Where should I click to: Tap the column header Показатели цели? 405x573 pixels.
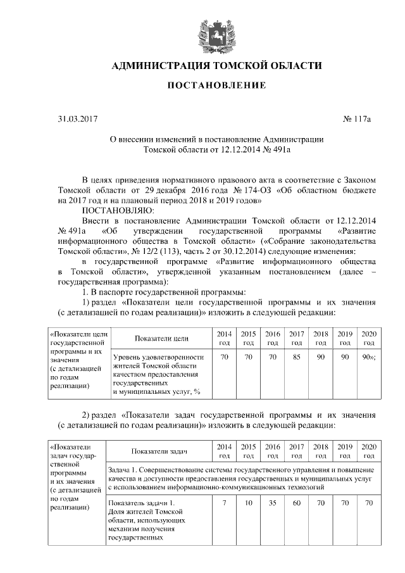[x=161, y=338]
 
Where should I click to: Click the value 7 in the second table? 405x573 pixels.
[x=224, y=503]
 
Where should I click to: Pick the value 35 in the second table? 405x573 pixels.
[x=272, y=503]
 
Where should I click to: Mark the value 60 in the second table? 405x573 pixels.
[x=296, y=503]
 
